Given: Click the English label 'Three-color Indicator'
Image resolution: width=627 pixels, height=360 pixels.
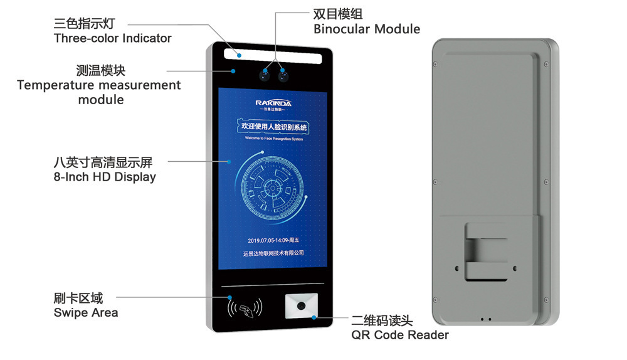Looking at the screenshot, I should [112, 38].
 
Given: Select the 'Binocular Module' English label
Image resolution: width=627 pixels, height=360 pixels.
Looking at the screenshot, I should [366, 29].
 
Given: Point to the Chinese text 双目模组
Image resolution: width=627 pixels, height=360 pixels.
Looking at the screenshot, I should [337, 14].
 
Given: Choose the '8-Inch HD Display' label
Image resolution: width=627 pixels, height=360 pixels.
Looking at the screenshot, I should [105, 177].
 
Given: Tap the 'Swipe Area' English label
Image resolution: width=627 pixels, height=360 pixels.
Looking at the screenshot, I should [86, 312].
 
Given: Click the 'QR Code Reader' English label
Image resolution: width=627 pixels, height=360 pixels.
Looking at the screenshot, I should [399, 335].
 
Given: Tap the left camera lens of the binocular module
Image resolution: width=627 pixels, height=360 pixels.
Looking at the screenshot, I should [265, 77].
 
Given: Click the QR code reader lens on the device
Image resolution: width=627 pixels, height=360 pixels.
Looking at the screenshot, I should [302, 307].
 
